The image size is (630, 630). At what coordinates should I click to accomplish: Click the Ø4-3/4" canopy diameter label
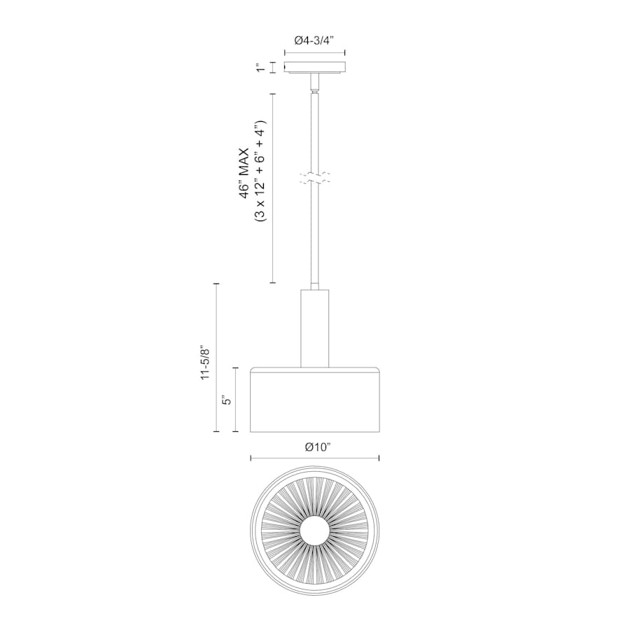[314, 41]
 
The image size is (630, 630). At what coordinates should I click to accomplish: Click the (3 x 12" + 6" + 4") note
[260, 172]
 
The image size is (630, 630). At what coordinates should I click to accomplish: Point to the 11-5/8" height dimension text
[206, 362]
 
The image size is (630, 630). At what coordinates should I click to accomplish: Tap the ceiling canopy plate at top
[315, 68]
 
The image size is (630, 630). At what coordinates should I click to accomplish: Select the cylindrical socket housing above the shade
[315, 327]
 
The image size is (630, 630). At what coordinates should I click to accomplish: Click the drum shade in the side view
[315, 400]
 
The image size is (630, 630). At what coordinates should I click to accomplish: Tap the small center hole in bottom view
[315, 535]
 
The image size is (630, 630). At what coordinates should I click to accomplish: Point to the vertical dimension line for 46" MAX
[272, 189]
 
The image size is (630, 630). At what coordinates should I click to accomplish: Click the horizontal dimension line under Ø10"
[315, 458]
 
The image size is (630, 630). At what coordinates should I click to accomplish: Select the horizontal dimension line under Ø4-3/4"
[315, 52]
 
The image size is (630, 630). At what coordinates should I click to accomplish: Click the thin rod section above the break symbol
[315, 133]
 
